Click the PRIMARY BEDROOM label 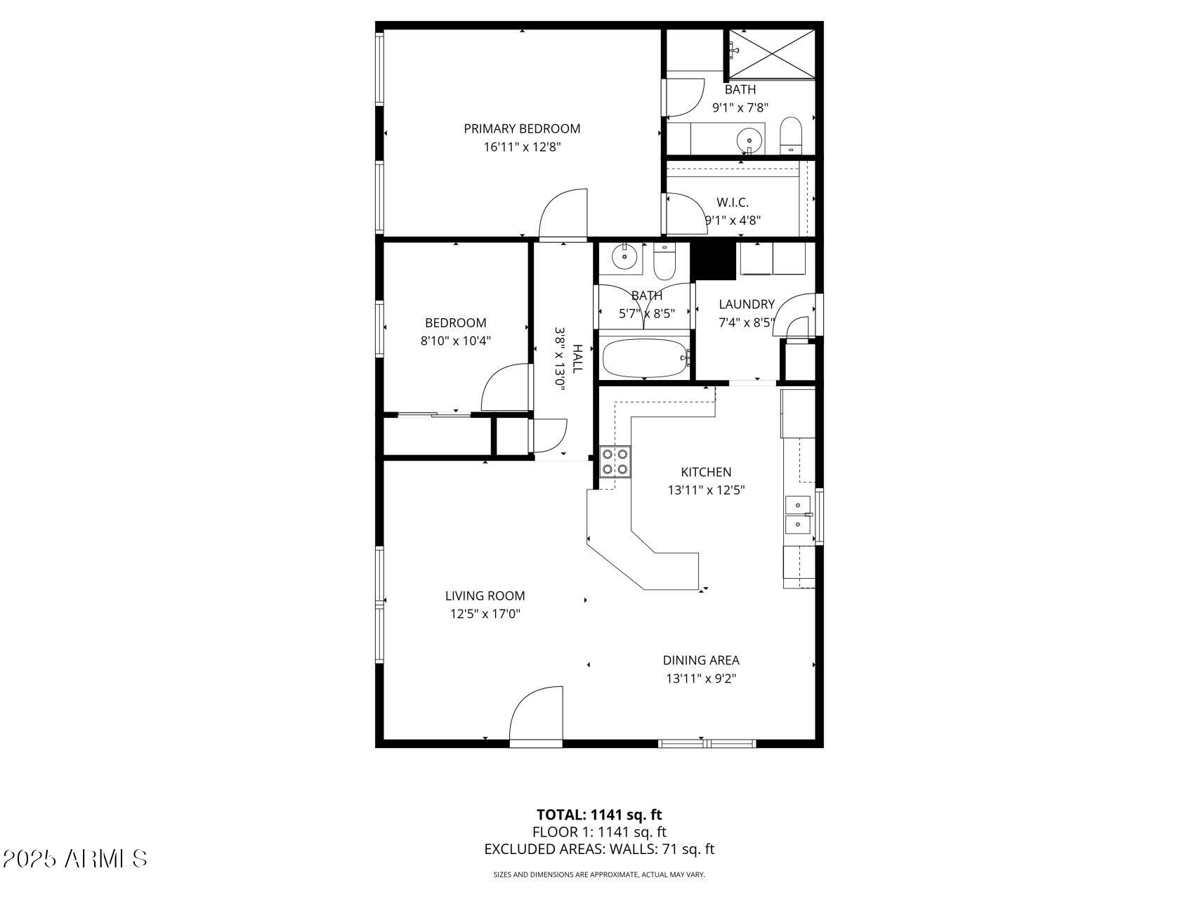[x=522, y=129]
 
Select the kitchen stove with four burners [x=615, y=461]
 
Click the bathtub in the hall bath [x=645, y=358]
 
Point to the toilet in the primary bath [x=791, y=135]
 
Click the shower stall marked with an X [x=771, y=53]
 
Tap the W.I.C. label [x=733, y=202]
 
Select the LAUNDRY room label [x=746, y=304]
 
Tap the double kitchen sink [x=798, y=514]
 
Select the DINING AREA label [x=701, y=660]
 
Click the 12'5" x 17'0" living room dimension [x=485, y=614]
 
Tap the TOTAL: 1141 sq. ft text [x=599, y=815]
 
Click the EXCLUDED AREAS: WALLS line [x=599, y=849]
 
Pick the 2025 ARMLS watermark [x=74, y=858]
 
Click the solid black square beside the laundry [x=714, y=260]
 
